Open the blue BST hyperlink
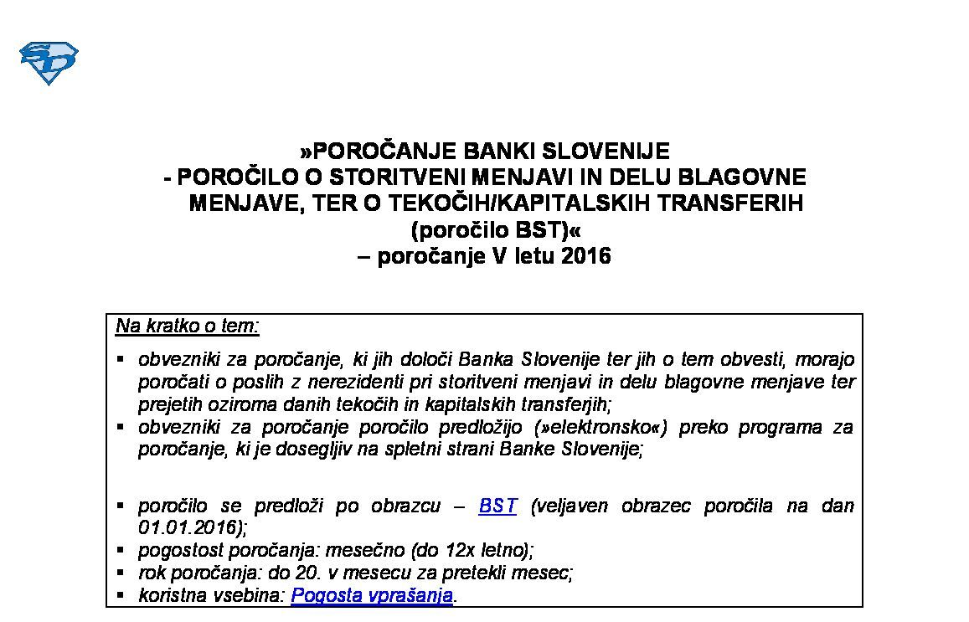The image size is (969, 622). click(x=497, y=506)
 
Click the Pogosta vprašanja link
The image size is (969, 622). click(x=372, y=595)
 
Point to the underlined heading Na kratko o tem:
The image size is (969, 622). click(x=188, y=326)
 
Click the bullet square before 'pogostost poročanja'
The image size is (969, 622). click(x=121, y=550)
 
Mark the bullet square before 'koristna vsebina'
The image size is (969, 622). click(x=121, y=594)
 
